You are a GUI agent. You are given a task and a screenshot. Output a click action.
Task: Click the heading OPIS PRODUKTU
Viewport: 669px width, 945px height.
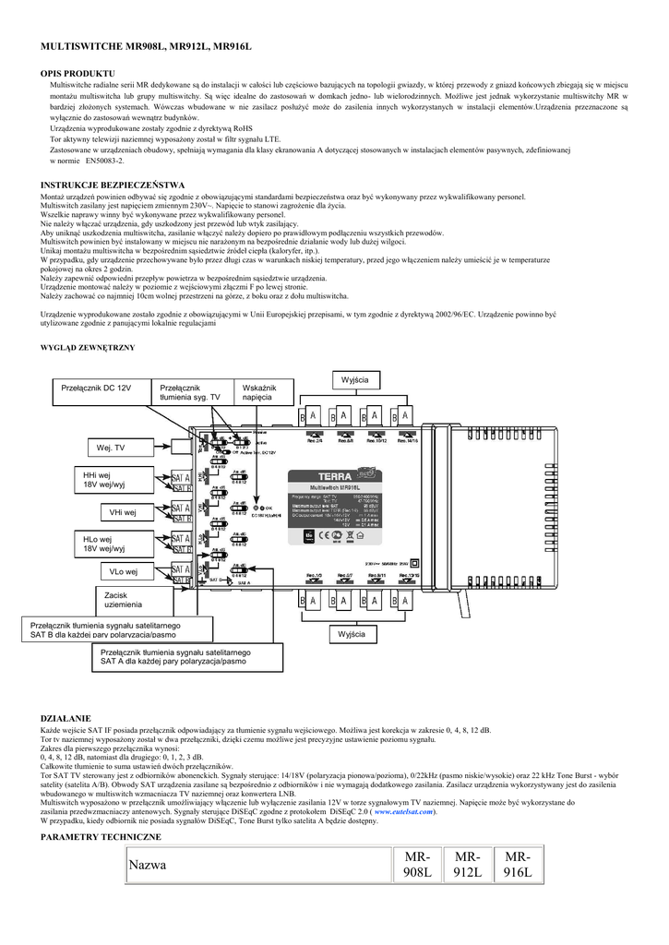[x=78, y=72]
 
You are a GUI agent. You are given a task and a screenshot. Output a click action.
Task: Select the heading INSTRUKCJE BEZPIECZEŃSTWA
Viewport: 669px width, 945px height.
[x=113, y=185]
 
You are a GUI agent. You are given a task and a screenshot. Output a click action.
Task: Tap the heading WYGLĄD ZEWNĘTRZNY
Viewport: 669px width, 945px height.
[x=88, y=347]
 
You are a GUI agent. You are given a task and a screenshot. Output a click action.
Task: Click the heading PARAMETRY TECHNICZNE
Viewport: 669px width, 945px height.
[x=101, y=836]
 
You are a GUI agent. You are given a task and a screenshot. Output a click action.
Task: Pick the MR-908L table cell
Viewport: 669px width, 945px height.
[x=417, y=865]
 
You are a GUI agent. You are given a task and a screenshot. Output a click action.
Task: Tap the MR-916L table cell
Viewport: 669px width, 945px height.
[x=519, y=865]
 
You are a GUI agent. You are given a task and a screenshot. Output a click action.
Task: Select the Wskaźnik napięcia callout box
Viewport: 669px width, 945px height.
[x=257, y=392]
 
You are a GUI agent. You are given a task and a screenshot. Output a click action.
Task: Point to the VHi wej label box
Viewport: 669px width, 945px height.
[x=123, y=511]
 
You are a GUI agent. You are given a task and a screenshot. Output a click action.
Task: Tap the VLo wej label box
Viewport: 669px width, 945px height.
[x=123, y=572]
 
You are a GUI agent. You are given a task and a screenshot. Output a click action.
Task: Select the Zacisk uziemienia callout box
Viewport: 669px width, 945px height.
[x=123, y=599]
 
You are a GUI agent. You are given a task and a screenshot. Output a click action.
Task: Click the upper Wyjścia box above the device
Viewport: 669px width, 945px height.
[x=355, y=380]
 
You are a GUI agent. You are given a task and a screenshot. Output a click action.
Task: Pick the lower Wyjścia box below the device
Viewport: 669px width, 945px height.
[x=352, y=635]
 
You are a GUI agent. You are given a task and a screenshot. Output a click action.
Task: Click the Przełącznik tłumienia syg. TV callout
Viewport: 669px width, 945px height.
[x=190, y=392]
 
